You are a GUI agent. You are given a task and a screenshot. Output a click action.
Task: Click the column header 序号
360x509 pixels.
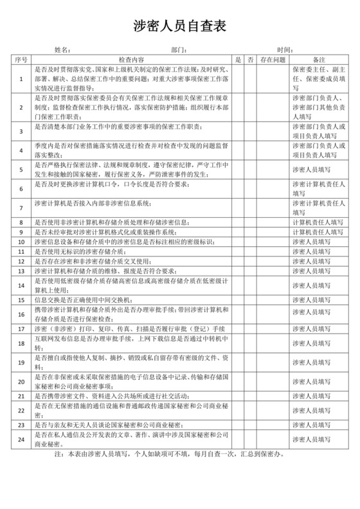pyautogui.click(x=21, y=58)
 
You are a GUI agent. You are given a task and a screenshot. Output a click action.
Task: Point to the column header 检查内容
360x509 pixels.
pyautogui.click(x=131, y=58)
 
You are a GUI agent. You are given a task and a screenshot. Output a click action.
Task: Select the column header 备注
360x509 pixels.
pyautogui.click(x=318, y=58)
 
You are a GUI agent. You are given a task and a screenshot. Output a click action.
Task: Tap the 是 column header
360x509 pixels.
pyautogui.click(x=238, y=58)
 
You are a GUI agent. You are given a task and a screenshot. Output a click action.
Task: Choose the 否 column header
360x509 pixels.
pyautogui.click(x=250, y=58)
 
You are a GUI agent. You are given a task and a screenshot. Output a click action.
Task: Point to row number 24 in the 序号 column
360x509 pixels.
pyautogui.click(x=21, y=440)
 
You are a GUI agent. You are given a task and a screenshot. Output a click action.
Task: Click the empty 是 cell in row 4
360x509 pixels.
pyautogui.click(x=238, y=150)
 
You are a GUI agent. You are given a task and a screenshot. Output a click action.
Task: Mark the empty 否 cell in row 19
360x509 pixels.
pyautogui.click(x=250, y=362)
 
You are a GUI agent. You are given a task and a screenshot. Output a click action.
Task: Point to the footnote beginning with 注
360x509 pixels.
pyautogui.click(x=180, y=453)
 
